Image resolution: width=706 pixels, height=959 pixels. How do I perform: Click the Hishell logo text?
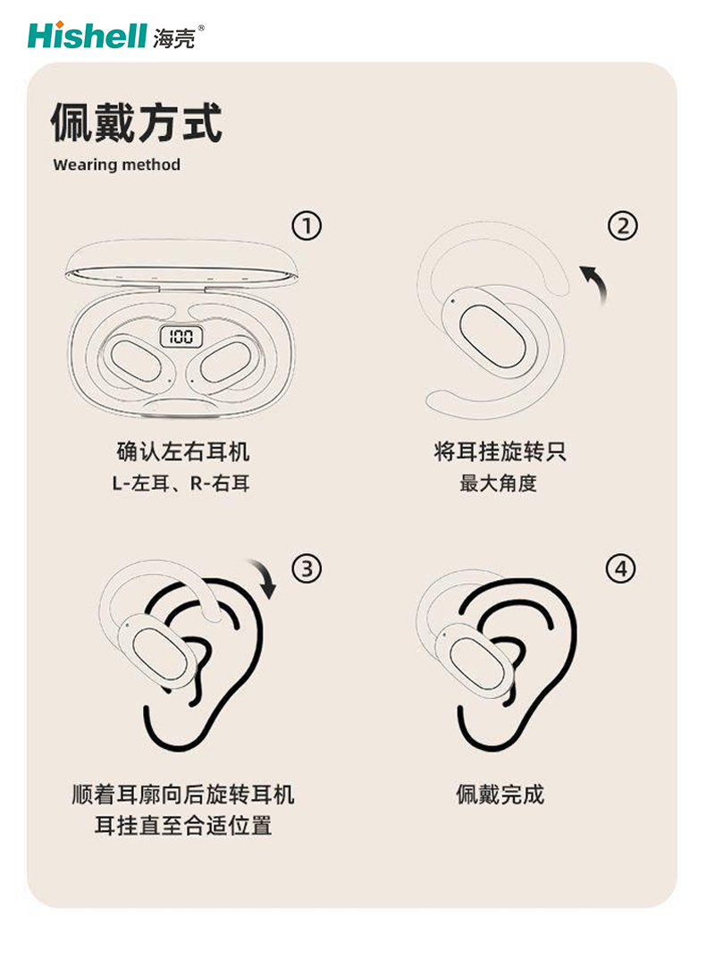88,36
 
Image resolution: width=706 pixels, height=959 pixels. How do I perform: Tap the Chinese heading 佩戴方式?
136,123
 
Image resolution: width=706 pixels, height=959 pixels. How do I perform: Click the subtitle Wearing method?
117,164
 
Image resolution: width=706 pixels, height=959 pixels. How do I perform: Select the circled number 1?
307,226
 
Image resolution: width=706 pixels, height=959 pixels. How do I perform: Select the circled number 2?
623,226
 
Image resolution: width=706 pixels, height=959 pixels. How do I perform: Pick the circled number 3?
307,568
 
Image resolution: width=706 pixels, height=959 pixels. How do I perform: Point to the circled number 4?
621,568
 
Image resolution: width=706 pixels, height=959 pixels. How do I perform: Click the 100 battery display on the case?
181,336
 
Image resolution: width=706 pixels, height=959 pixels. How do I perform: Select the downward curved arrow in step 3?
265,576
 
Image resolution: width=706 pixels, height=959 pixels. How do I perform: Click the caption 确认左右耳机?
183,452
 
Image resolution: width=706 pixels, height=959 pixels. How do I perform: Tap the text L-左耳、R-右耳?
181,484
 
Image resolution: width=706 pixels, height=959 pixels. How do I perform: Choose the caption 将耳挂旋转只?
500,452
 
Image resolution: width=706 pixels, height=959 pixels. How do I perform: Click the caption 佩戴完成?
500,795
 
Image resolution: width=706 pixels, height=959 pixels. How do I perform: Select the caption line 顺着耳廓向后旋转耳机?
183,795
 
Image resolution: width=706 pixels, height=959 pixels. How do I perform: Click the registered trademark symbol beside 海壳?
201,28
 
